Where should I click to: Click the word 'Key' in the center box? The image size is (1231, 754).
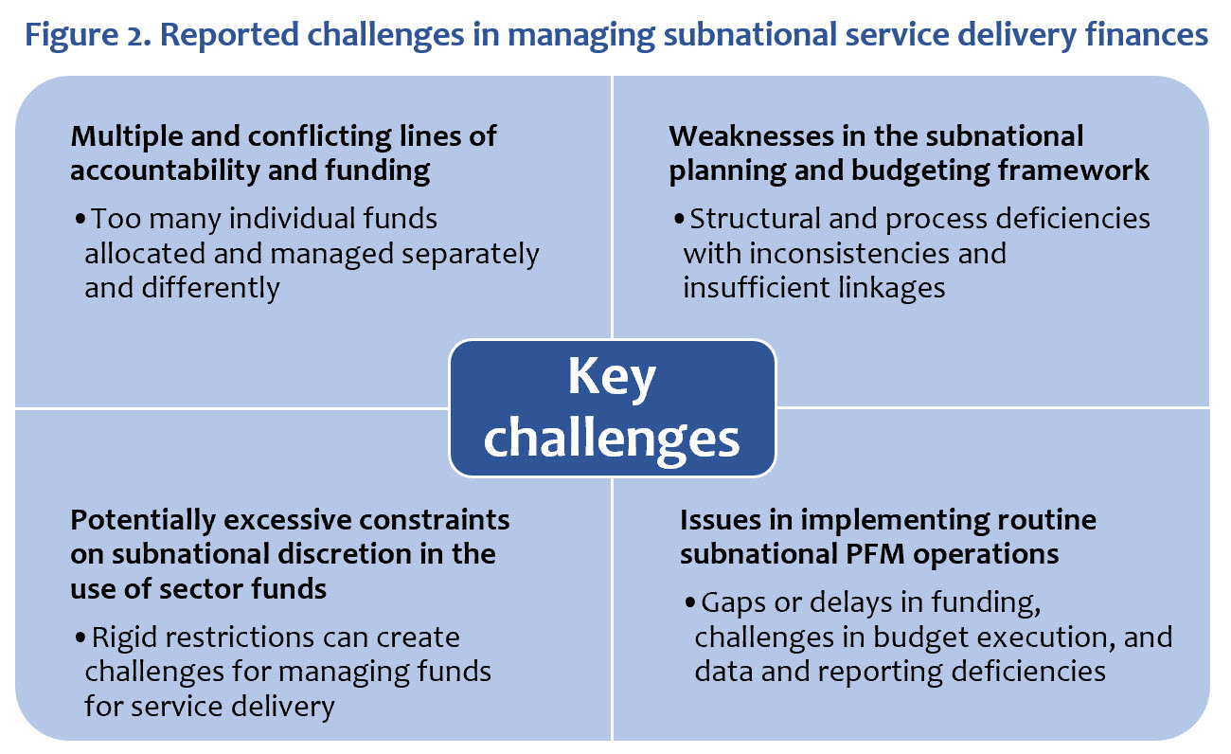(612, 378)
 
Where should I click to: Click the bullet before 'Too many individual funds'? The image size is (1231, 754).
(80, 220)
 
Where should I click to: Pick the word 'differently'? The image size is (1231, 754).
(182, 287)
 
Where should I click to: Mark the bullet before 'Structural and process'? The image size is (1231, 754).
(678, 220)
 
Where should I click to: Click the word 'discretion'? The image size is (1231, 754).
(312, 553)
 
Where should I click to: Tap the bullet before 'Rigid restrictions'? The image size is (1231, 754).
(80, 637)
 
